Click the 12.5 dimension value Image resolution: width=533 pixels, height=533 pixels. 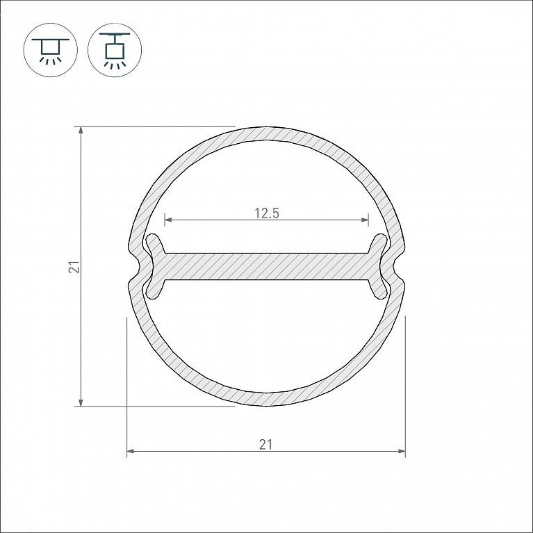[267, 213]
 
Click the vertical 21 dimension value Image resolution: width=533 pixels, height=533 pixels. [74, 267]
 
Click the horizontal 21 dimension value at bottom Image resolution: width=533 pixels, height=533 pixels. [266, 445]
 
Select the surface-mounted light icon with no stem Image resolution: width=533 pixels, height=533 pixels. [51, 50]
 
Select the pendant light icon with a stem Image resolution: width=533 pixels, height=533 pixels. [115, 50]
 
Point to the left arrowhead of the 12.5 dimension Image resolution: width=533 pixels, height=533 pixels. [168, 220]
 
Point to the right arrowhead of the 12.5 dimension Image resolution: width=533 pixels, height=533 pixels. [365, 220]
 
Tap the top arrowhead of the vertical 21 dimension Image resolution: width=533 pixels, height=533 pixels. [81, 131]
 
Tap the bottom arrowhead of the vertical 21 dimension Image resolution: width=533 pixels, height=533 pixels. [81, 402]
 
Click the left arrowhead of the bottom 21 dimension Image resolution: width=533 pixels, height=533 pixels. [131, 451]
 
